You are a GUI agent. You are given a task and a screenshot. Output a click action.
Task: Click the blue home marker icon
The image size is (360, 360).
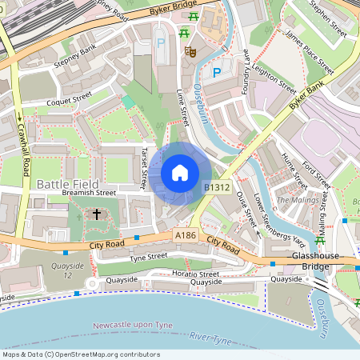(180, 173)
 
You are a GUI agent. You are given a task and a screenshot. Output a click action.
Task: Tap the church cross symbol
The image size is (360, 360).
(98, 214)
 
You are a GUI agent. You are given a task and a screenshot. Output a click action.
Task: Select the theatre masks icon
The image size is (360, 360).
(191, 51)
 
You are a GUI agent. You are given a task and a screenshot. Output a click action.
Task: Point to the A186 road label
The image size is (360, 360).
(186, 235)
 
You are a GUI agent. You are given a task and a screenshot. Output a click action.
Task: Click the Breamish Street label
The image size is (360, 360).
(90, 193)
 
